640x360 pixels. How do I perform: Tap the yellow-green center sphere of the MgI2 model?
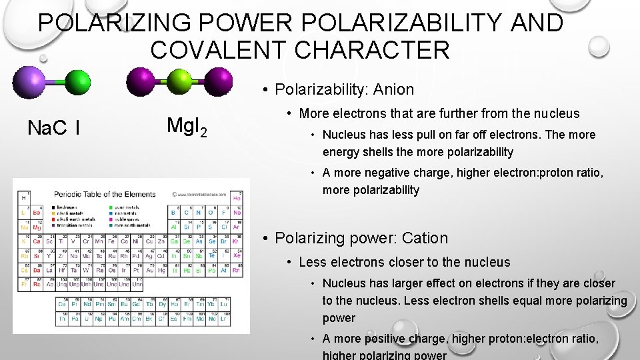click(179, 82)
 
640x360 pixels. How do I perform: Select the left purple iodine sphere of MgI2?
click(141, 81)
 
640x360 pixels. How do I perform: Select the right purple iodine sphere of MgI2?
click(217, 81)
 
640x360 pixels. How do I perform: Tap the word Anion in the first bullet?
click(393, 89)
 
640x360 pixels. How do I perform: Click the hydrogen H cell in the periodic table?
click(24, 198)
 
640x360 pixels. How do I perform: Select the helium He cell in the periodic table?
click(237, 198)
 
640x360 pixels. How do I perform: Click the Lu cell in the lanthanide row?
click(224, 304)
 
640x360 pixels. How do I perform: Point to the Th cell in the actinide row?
click(63, 319)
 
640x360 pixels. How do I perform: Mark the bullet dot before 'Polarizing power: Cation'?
click(265, 239)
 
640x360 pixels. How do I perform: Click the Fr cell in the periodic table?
click(24, 284)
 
